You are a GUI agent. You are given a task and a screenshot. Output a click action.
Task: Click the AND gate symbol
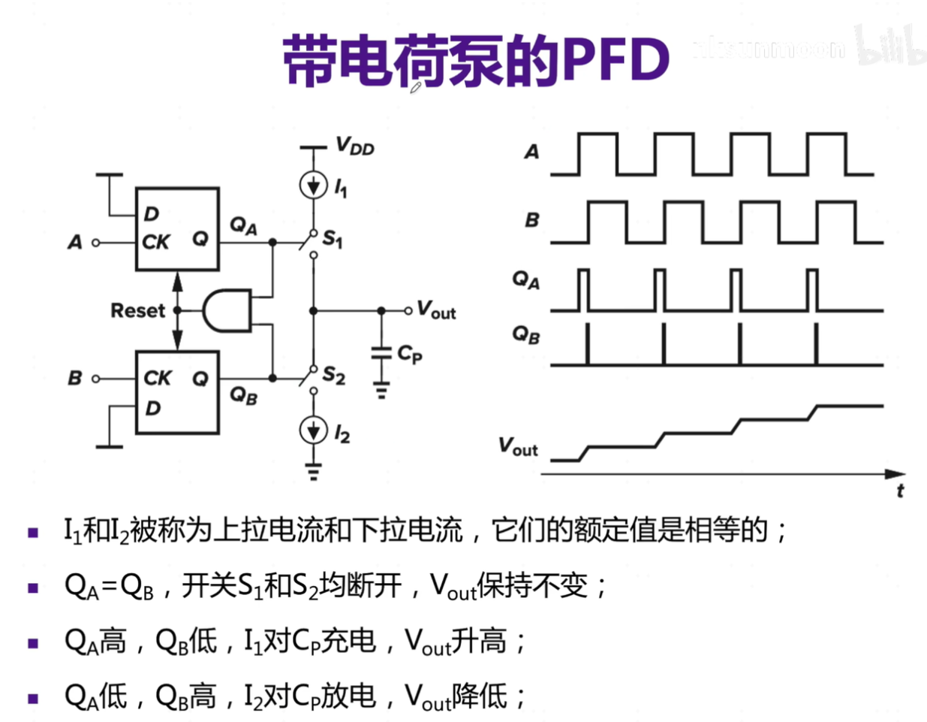227,310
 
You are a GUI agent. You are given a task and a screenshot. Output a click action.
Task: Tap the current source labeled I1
313,185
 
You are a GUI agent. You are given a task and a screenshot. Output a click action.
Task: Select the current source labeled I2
313,430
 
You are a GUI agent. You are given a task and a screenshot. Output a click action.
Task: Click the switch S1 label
333,240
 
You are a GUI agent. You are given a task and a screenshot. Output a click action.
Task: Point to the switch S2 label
333,375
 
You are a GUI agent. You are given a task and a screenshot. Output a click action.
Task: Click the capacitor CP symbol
381,353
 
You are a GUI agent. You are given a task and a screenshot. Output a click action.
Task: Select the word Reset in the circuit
137,310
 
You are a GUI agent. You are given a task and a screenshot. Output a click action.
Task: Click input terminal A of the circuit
95,243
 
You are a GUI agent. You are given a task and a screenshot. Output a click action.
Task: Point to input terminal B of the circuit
95,378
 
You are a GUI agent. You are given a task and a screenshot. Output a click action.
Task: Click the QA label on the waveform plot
526,281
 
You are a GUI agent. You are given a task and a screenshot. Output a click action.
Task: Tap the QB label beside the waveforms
526,335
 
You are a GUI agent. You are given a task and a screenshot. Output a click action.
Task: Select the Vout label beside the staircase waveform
518,447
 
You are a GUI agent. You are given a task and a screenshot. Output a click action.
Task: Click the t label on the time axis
900,491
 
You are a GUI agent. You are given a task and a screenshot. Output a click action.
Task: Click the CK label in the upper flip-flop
155,242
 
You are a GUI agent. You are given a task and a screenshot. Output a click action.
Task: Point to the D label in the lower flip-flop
152,408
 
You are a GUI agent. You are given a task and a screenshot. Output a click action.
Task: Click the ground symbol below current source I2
313,472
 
